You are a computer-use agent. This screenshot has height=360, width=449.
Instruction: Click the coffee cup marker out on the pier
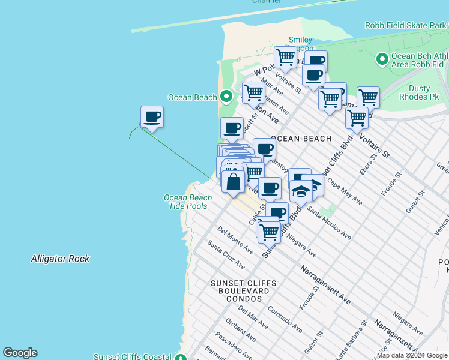(152, 117)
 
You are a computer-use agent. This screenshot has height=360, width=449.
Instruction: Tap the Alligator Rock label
(60, 259)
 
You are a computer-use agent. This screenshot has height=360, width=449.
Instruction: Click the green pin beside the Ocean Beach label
(226, 96)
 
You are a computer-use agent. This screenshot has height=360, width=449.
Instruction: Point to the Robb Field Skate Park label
(405, 25)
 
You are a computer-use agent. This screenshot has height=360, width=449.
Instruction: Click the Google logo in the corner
(20, 353)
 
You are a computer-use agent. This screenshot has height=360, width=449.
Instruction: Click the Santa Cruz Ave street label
(226, 254)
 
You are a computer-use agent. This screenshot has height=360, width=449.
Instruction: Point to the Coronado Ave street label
(285, 320)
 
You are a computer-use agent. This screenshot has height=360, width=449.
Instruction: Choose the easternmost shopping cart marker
(367, 97)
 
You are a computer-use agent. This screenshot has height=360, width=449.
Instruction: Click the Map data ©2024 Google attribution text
(412, 355)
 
